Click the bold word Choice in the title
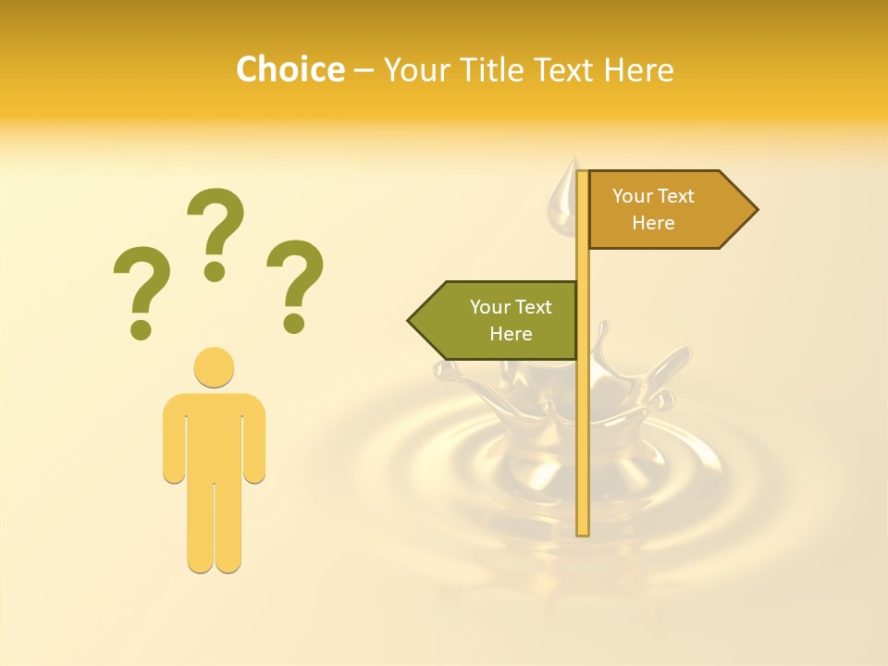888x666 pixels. click(x=290, y=69)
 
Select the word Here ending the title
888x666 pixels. click(x=639, y=70)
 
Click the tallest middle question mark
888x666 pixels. click(x=216, y=227)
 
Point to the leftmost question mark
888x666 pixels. click(x=141, y=287)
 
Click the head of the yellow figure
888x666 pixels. click(x=214, y=367)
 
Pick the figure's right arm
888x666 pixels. click(x=254, y=439)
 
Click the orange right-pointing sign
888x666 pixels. click(x=666, y=210)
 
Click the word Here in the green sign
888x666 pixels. click(x=511, y=334)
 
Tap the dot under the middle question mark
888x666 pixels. click(x=215, y=271)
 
